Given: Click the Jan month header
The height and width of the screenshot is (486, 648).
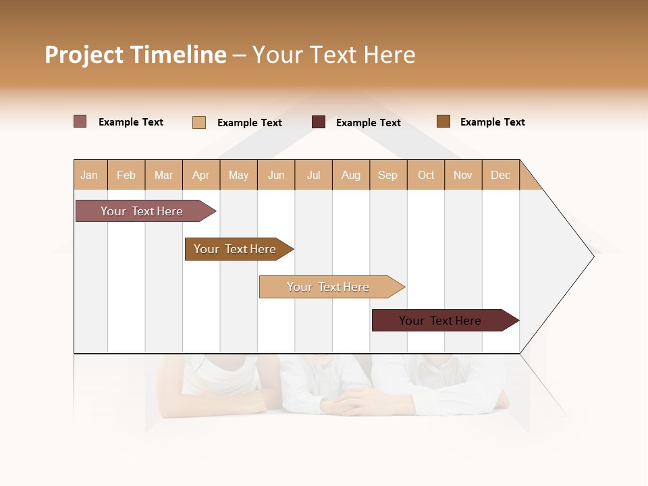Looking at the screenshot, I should click(x=90, y=175).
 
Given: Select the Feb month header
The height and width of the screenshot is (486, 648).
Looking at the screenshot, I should click(x=126, y=175).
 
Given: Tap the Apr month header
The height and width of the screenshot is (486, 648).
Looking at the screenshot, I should click(x=201, y=175).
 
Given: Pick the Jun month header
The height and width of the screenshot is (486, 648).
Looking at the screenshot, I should click(x=276, y=175).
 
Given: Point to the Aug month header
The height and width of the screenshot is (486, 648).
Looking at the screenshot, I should click(x=351, y=175).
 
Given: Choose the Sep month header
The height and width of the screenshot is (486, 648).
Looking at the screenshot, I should click(x=388, y=175).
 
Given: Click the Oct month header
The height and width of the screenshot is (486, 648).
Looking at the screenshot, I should click(x=426, y=175).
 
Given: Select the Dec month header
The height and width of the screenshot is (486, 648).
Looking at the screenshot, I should click(x=501, y=175).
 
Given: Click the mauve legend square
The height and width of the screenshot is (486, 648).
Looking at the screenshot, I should click(x=80, y=122).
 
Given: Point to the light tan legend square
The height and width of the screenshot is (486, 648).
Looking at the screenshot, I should click(x=199, y=122).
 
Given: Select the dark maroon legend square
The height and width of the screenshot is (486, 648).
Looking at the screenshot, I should click(x=319, y=122).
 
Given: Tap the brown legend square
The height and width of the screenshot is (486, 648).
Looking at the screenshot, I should click(x=443, y=122).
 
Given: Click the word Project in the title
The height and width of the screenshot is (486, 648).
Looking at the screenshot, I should click(x=84, y=55).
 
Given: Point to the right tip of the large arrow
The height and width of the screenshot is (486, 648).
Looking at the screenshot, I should click(x=593, y=256).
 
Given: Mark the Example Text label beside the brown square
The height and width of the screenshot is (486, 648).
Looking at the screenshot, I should click(x=492, y=122).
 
